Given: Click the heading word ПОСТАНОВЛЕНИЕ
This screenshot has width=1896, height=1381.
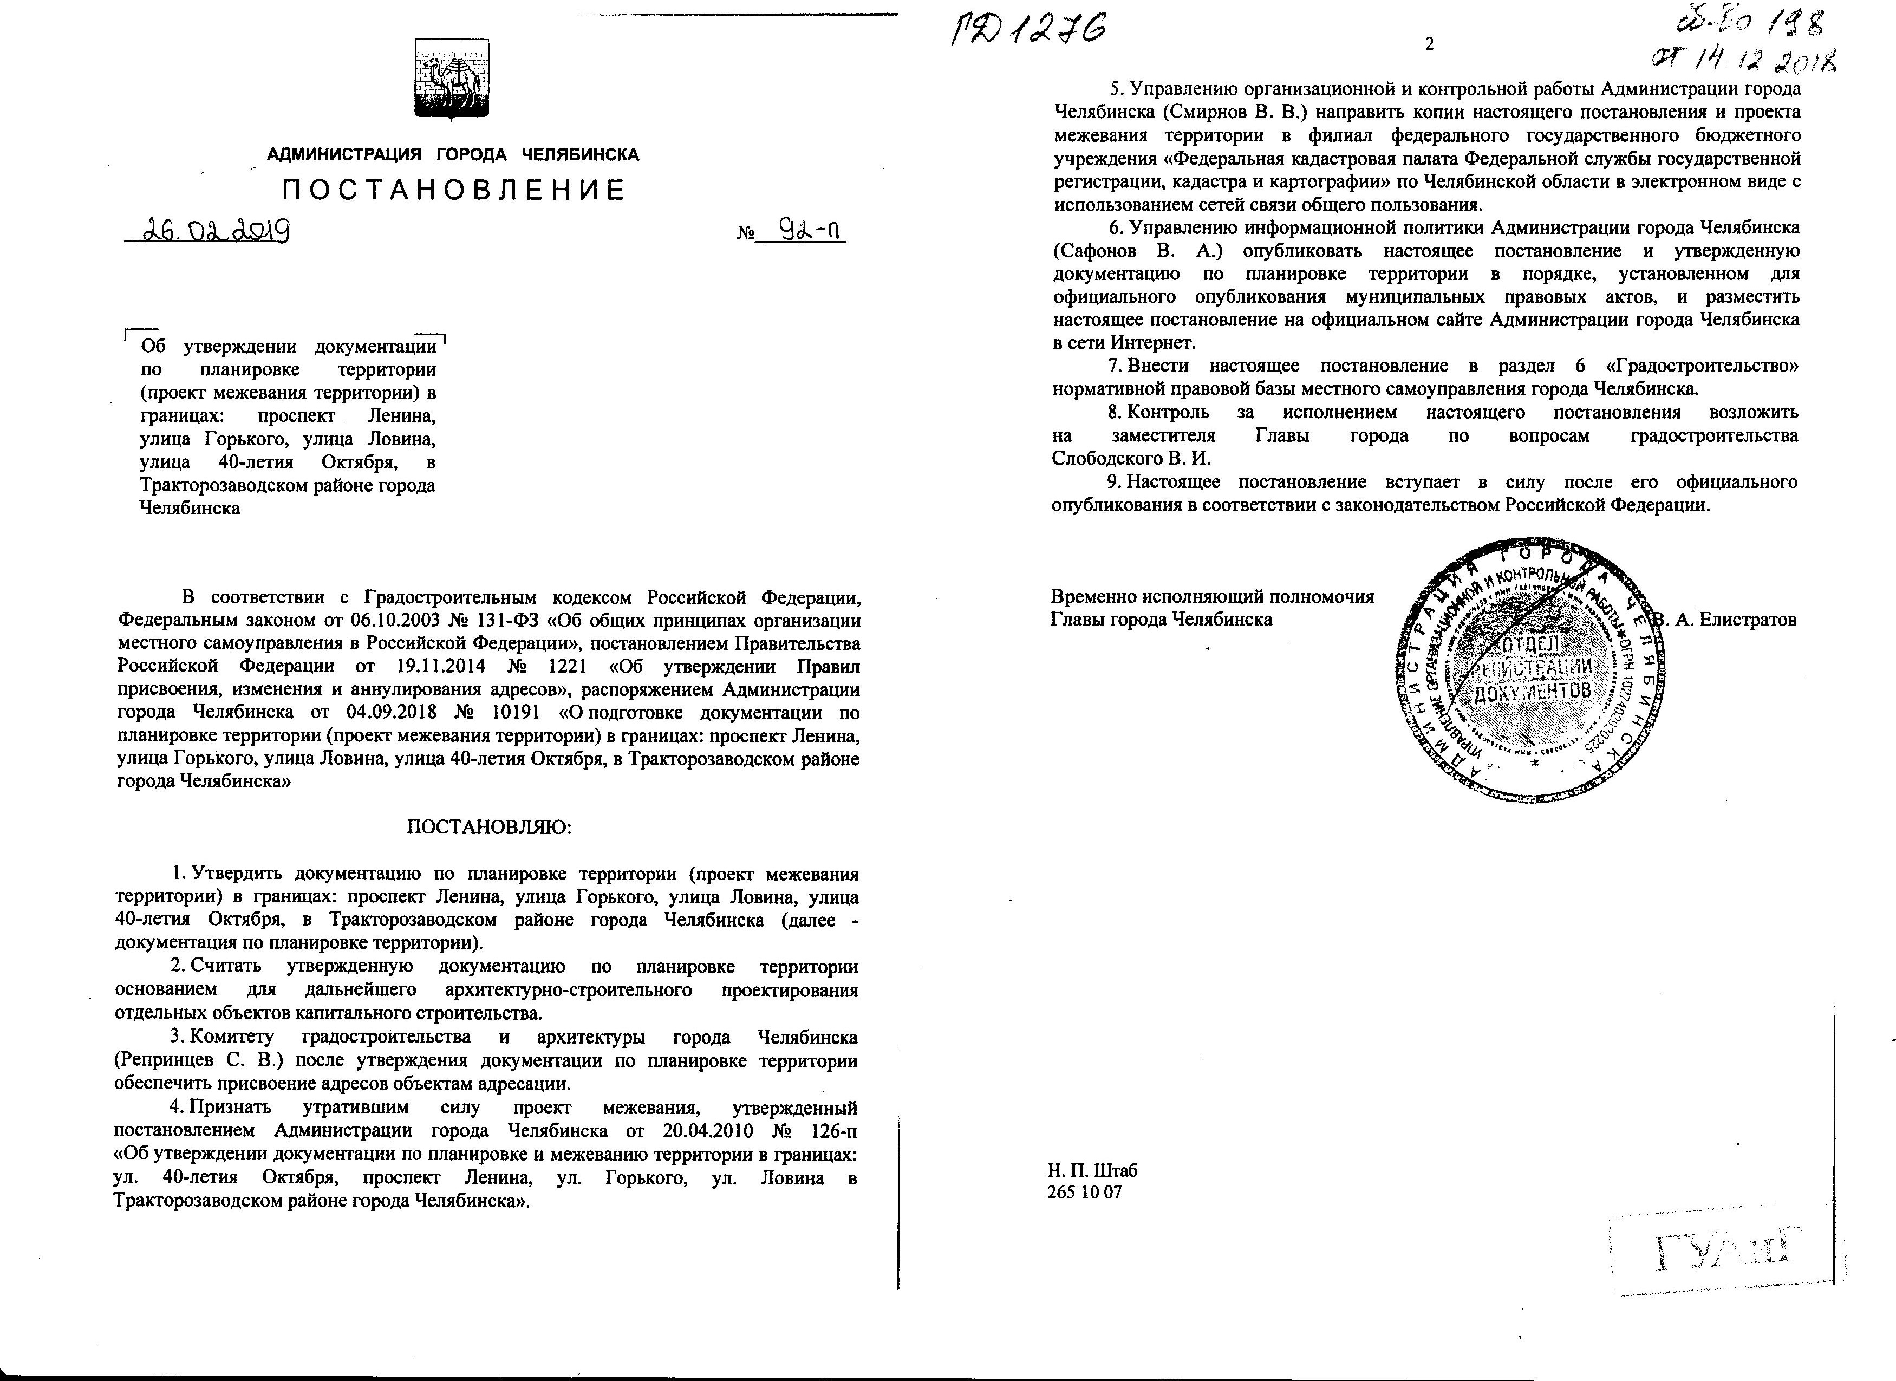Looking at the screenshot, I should (454, 191).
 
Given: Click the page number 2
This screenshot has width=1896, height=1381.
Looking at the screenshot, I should (1429, 44).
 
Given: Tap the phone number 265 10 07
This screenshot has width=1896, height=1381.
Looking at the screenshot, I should (1084, 1192).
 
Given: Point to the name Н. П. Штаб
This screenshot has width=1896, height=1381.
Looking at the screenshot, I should (1092, 1169).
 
